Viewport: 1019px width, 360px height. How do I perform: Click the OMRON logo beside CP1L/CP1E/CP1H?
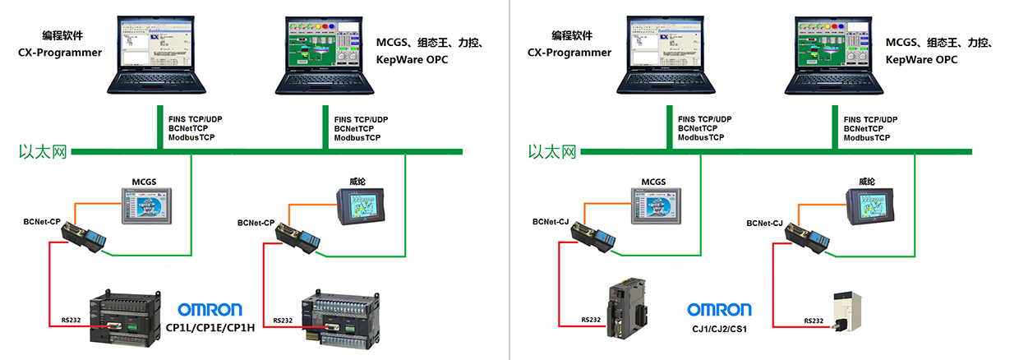click(x=210, y=310)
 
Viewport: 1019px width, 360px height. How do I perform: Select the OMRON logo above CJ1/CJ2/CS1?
click(x=719, y=310)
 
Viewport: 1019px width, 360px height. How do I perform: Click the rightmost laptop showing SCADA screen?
click(x=830, y=53)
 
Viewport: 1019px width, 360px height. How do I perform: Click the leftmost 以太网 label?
click(x=44, y=152)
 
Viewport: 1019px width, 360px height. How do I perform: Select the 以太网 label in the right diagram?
click(x=552, y=152)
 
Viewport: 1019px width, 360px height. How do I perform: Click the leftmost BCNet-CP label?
click(x=42, y=222)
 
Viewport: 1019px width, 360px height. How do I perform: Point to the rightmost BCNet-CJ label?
click(x=764, y=223)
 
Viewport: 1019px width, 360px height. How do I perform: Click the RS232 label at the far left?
click(x=71, y=321)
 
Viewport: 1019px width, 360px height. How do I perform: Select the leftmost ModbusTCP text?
click(x=195, y=138)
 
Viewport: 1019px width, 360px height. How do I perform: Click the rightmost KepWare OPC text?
click(x=923, y=60)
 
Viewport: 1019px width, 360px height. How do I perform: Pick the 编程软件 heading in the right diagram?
click(x=571, y=35)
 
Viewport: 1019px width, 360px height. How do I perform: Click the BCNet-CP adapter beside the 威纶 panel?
click(x=298, y=238)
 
